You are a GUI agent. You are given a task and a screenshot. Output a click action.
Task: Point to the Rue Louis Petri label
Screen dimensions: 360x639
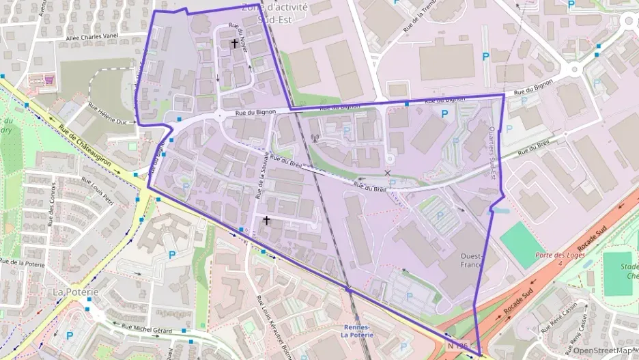97,191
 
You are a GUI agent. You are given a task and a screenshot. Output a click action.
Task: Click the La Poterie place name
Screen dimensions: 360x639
76,292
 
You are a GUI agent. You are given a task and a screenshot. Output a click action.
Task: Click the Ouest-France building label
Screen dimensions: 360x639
472,260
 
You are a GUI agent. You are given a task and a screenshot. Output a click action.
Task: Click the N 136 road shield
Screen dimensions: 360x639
458,347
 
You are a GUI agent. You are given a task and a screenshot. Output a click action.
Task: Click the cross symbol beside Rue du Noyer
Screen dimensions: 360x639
235,44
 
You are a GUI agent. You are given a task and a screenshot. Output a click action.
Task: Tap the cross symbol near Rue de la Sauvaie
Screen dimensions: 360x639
266,220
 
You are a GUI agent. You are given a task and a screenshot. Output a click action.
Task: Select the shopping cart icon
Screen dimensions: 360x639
49,80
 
